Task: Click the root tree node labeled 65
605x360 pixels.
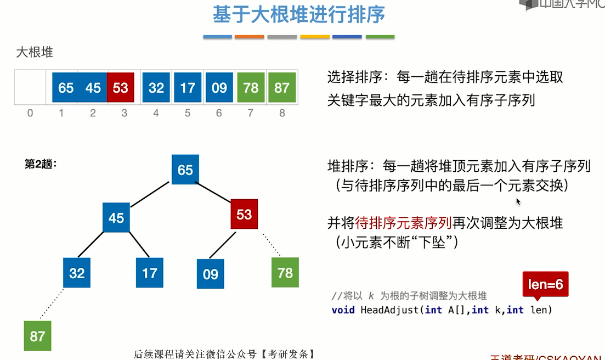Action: (185, 169)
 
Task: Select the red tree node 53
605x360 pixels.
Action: (244, 213)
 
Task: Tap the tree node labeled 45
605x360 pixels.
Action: (116, 217)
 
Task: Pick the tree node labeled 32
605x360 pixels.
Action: (77, 273)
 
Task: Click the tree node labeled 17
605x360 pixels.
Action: (150, 273)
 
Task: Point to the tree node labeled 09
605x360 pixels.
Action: (211, 274)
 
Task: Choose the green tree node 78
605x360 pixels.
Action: (285, 273)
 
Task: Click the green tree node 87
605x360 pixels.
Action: (37, 336)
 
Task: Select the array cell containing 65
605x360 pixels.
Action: (66, 88)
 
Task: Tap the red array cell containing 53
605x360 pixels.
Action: (120, 88)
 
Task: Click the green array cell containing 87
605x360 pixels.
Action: (282, 88)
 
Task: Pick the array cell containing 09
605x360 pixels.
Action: (219, 88)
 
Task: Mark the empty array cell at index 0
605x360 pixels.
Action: (30, 88)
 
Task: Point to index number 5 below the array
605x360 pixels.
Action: (188, 113)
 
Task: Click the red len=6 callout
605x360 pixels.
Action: (545, 285)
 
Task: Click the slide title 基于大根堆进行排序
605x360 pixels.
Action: (299, 15)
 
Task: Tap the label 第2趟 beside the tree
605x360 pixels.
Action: (41, 164)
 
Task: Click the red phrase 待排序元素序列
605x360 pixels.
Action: (403, 223)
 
